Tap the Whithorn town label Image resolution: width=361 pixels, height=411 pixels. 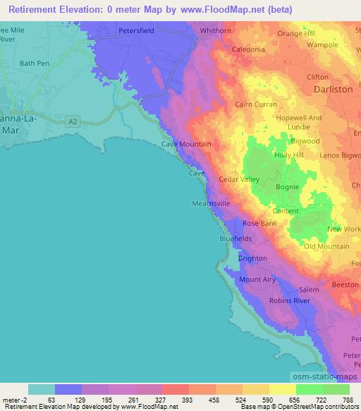[216, 32]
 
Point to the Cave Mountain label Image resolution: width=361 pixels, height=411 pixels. [187, 144]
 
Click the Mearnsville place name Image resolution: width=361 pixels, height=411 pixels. [211, 203]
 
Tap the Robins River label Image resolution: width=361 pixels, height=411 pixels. [290, 301]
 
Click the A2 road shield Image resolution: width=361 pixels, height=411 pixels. [73, 121]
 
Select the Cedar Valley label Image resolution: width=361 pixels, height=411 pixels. [239, 179]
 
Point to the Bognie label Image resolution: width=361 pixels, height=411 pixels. [287, 187]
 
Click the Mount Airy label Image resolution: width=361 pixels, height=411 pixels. [257, 280]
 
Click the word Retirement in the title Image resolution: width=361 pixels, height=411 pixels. [37, 9]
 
